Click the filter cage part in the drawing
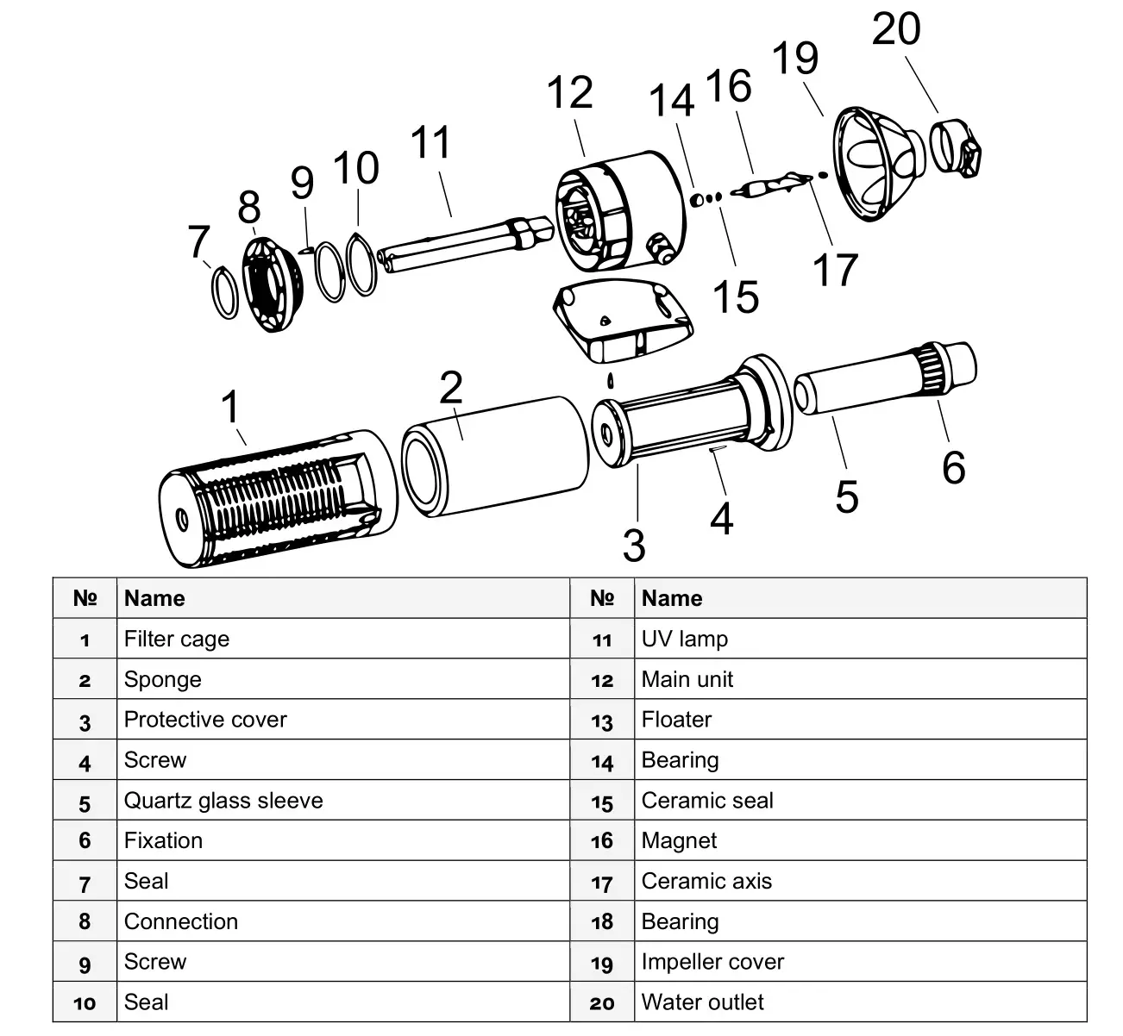(267, 500)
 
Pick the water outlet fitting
(957, 147)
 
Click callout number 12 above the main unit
(570, 93)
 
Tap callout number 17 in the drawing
(835, 269)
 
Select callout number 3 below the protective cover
(634, 545)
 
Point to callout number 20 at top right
(896, 29)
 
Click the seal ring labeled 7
(224, 292)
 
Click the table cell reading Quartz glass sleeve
(223, 800)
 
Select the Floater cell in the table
(677, 720)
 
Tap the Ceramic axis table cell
(706, 881)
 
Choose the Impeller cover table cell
(712, 962)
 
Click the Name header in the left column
(154, 598)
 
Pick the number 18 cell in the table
(602, 921)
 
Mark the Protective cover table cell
(205, 720)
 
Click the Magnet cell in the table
(679, 840)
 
